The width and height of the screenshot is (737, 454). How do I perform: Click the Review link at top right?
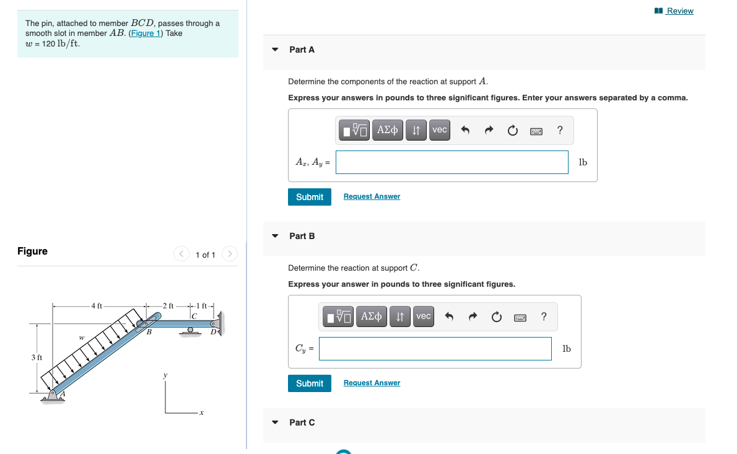point(679,11)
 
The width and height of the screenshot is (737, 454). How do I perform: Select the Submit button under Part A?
point(309,197)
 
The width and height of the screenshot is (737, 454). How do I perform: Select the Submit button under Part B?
point(309,383)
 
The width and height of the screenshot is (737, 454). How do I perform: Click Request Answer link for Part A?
point(372,196)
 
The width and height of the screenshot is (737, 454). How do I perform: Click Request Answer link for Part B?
point(372,383)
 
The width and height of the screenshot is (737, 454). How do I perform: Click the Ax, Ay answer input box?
point(452,162)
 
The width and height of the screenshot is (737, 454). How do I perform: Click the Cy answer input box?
point(435,349)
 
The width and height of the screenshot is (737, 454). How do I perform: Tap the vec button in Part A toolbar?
point(439,130)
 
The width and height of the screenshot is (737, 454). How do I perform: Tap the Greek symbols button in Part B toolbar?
point(370,316)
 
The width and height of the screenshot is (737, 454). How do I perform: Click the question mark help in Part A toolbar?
point(560,130)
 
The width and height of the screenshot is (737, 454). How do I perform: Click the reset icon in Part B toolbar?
point(496,317)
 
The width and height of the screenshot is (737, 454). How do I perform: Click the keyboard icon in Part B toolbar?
point(520,317)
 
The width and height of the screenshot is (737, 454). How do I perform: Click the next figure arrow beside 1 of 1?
point(229,254)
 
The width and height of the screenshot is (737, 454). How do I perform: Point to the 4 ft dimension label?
point(97,305)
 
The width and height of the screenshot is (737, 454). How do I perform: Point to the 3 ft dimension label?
point(37,357)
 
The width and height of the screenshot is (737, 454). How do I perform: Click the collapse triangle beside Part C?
point(275,422)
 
